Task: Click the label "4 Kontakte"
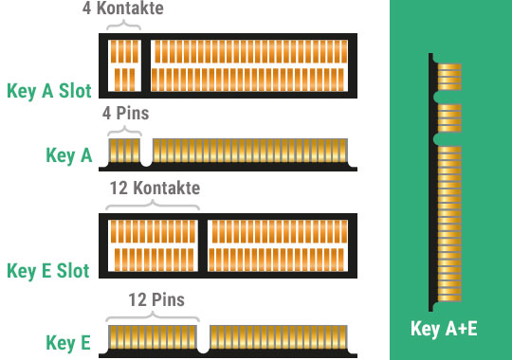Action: [122, 8]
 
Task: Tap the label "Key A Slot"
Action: [49, 91]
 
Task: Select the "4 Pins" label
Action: [126, 114]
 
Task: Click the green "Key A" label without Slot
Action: [69, 155]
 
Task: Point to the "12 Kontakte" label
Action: [155, 188]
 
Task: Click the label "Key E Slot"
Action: [48, 271]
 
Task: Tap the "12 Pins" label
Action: [156, 299]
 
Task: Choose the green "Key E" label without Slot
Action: [68, 343]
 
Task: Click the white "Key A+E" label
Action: [444, 329]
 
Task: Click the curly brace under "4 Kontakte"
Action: [124, 25]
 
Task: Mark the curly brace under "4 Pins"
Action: [124, 131]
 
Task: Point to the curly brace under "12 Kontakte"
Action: [153, 205]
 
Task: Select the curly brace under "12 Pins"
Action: [153, 316]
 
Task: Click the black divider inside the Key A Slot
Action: [146, 65]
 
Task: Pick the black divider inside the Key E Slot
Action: [203, 245]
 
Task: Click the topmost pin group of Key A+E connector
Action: [449, 77]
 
